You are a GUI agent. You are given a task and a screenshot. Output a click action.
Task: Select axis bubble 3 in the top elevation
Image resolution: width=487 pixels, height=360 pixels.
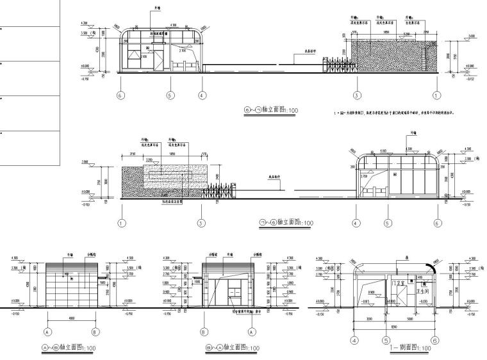click(x=356, y=95)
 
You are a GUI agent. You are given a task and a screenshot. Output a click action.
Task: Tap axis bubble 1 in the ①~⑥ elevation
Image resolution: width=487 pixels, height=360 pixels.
click(x=122, y=224)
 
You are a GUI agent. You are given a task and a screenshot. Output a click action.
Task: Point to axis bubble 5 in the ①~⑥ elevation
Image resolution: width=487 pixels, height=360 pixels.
click(x=388, y=224)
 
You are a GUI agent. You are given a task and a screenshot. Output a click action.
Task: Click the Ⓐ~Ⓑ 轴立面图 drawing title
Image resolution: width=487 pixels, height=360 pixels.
click(x=69, y=347)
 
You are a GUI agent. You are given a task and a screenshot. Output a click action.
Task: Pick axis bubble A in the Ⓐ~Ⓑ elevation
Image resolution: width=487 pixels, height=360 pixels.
click(x=47, y=332)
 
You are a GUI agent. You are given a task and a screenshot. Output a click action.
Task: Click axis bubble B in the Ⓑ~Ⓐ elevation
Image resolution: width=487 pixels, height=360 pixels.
click(x=202, y=332)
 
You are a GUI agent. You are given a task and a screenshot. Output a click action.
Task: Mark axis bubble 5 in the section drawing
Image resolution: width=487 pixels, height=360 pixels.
click(x=388, y=341)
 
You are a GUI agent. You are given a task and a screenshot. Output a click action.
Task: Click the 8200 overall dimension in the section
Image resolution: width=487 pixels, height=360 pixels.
click(x=392, y=324)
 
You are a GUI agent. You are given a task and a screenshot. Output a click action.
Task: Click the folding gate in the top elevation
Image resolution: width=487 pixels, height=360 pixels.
click(x=339, y=63)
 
